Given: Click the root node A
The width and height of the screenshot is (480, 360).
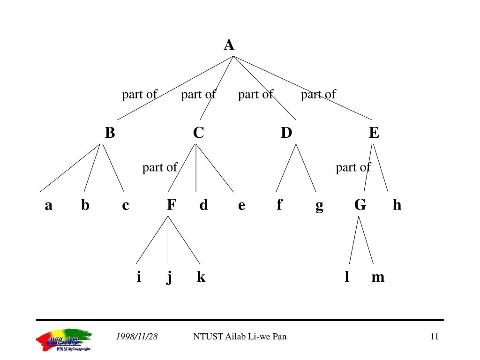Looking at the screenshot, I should point(229,45).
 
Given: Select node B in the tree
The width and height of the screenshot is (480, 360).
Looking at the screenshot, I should point(110,133).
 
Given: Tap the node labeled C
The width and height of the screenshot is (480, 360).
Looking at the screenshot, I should point(198,133).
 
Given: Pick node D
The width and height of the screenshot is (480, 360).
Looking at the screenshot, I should point(286,133).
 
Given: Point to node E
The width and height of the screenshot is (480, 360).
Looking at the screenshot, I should point(374,133).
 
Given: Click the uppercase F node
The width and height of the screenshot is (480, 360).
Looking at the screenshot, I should point(172,205).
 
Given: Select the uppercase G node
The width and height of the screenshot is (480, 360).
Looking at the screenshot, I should point(360,205).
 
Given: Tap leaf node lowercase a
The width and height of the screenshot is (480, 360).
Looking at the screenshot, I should point(48,205).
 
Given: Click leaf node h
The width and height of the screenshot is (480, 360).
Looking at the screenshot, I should point(397,205).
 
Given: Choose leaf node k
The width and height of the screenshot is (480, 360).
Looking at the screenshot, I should point(201,277).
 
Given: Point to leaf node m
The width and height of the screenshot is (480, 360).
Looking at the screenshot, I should point(378,277).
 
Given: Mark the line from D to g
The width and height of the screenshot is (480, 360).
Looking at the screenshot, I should point(306,169).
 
